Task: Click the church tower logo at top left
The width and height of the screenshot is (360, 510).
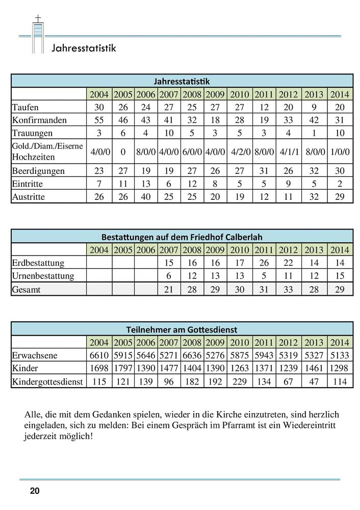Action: click(x=37, y=35)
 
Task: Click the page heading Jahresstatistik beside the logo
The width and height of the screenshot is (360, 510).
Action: click(x=84, y=48)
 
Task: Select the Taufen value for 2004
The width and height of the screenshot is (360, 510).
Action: click(x=99, y=107)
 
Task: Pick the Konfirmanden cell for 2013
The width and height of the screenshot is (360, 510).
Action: click(x=315, y=120)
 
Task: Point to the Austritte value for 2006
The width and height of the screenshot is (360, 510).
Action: click(x=145, y=197)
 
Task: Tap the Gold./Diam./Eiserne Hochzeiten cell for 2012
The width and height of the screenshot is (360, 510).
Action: click(x=289, y=151)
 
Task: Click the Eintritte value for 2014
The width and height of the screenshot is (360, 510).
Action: click(x=340, y=184)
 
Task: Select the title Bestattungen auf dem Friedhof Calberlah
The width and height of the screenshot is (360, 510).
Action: click(x=182, y=237)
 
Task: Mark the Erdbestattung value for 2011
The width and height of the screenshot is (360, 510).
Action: click(x=264, y=263)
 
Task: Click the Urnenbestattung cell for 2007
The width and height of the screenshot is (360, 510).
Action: click(x=168, y=276)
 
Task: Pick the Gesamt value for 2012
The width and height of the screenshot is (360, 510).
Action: click(x=289, y=289)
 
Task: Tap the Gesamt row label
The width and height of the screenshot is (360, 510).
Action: click(x=26, y=289)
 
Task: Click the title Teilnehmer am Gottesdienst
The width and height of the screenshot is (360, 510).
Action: click(x=182, y=329)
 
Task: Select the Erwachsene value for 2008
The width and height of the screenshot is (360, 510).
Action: click(x=192, y=355)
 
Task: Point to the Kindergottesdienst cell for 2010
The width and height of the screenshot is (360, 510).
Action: click(x=239, y=381)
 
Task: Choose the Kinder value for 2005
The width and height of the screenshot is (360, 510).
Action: click(x=122, y=368)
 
